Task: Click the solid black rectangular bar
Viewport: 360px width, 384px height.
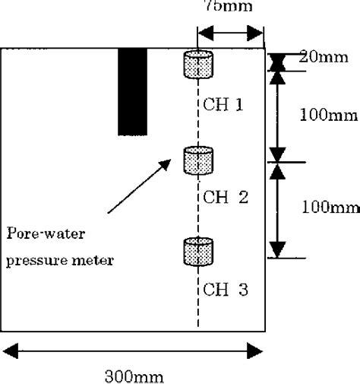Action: point(132,92)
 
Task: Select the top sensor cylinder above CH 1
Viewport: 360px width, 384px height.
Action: point(198,65)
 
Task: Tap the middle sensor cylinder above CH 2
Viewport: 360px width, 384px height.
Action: point(198,160)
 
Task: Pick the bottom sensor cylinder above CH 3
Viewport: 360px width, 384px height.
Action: point(198,252)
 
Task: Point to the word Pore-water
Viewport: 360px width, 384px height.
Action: point(39,233)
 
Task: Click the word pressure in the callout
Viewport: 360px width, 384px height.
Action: point(31,261)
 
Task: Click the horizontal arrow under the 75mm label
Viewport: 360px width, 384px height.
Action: point(231,33)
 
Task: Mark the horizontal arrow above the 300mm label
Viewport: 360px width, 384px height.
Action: point(134,352)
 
